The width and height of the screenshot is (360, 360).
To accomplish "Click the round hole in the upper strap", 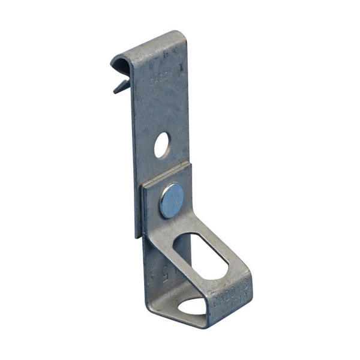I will point(162,146).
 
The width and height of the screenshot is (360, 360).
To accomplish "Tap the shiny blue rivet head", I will point(172,200).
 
